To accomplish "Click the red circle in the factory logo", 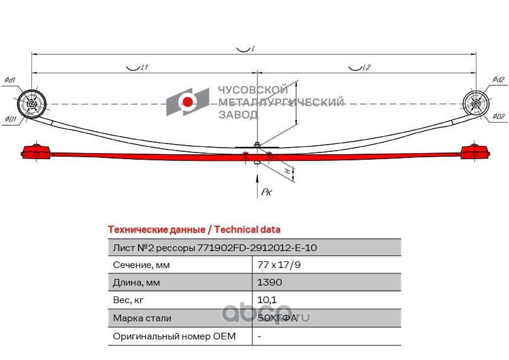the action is point(187,102).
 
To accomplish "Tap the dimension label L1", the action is point(144,68).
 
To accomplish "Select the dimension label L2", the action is point(366,68).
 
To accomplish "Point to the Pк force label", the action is point(266,192).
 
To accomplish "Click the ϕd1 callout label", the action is point(10,80).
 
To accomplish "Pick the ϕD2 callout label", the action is point(498,116).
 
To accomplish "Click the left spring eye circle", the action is point(31,103).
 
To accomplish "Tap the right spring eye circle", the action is point(476,103).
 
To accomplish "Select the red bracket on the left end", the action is point(36,151).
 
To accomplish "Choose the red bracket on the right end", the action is point(475,151).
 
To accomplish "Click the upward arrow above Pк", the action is point(257,186).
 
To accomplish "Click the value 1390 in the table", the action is point(270,282).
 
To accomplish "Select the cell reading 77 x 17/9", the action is point(279,265).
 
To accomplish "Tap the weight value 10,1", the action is point(267,300).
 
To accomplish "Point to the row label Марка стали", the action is point(142,318).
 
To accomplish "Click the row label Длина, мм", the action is point(137,283).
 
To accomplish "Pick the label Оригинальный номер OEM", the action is point(174,336).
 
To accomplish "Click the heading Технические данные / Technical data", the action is point(194,229).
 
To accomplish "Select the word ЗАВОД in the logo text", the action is point(238,115).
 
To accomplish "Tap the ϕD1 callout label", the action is point(10,119).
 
